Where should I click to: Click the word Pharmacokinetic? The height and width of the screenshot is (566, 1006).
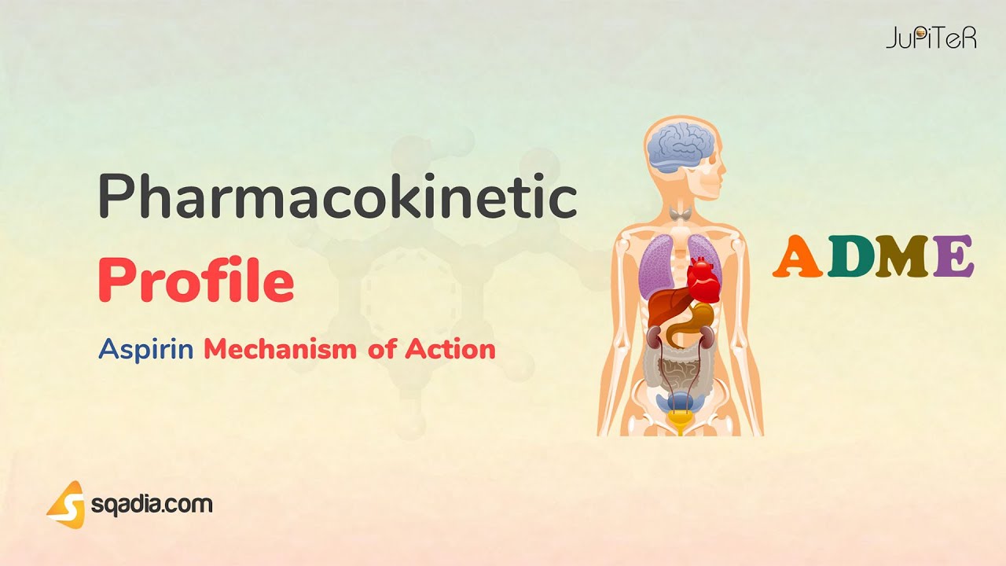(337, 198)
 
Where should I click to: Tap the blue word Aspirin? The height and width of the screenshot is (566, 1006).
(146, 349)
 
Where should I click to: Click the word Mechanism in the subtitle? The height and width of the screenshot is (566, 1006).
(281, 349)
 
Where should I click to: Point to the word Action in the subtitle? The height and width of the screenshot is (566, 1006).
(450, 349)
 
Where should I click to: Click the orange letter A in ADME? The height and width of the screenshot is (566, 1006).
(796, 257)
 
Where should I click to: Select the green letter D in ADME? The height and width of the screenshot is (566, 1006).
(846, 257)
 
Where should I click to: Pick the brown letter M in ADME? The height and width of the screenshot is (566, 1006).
(901, 257)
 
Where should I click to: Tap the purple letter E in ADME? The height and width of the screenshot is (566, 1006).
(953, 257)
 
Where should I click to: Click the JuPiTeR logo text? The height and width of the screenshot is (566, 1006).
(931, 37)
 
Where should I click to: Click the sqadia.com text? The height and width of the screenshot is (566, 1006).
(151, 504)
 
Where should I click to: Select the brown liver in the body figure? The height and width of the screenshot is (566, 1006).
(664, 307)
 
